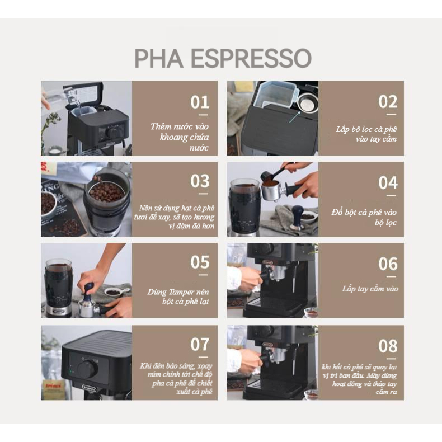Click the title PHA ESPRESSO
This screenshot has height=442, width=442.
[x=222, y=58]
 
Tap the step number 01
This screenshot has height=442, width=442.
[x=200, y=102]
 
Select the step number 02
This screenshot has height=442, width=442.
[x=388, y=102]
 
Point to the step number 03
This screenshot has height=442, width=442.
[x=200, y=182]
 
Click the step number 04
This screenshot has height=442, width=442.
[x=388, y=183]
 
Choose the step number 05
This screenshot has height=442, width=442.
[x=200, y=262]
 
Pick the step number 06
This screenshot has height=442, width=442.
[x=388, y=264]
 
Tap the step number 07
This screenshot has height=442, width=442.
[x=200, y=344]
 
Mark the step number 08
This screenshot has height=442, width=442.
[x=388, y=346]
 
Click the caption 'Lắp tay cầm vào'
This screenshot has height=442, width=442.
[x=370, y=289]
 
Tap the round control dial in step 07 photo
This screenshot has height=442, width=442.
[x=87, y=370]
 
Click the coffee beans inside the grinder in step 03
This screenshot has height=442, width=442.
[x=106, y=192]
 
